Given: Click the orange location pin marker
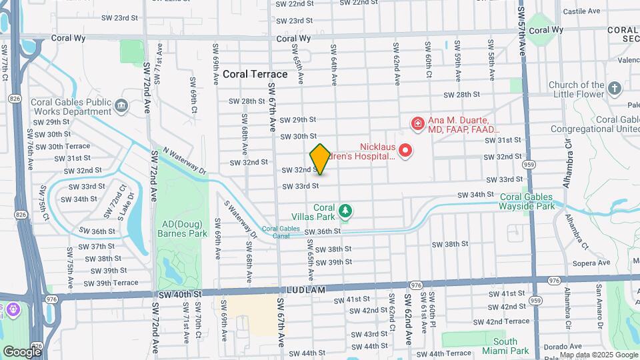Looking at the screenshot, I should (x=320, y=159).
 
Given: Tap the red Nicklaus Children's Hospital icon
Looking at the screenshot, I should (x=405, y=150).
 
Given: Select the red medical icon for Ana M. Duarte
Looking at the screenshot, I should (x=417, y=123).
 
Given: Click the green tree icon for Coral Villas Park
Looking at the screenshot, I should (x=345, y=211).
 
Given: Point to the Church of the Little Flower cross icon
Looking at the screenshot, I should (x=614, y=87).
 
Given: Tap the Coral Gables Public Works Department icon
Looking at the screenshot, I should (x=121, y=105).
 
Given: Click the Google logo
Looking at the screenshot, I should (x=21, y=351).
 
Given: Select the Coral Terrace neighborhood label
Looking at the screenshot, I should (x=255, y=74).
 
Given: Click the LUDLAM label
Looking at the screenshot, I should (x=307, y=290).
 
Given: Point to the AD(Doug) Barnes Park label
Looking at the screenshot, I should (x=182, y=229).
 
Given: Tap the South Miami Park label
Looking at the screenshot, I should (x=505, y=346).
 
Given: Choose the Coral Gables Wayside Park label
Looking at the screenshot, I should (x=527, y=201).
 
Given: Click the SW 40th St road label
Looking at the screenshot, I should (x=180, y=294).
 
